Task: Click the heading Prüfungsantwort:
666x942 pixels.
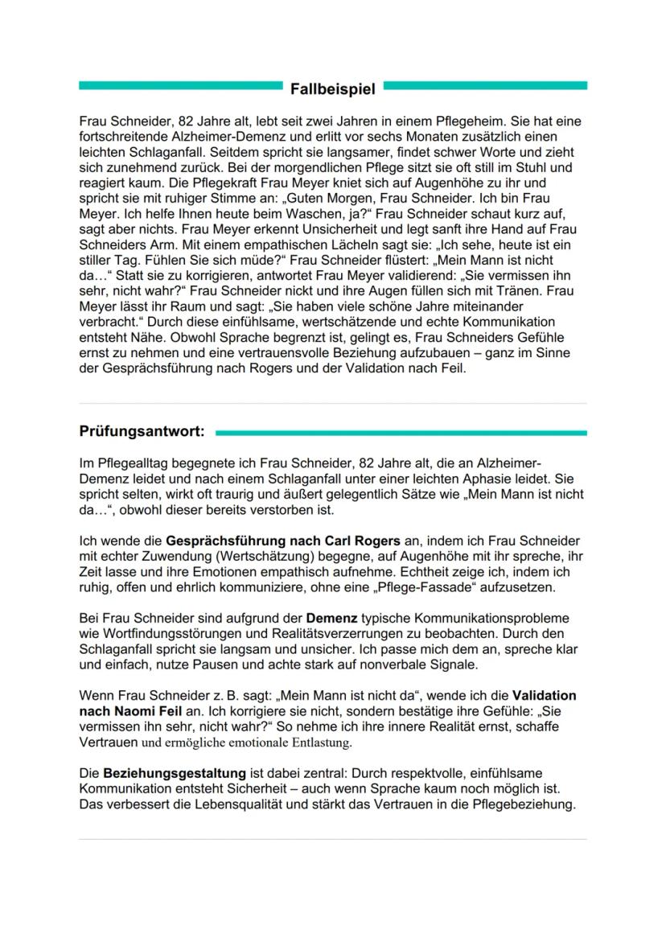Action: point(142,432)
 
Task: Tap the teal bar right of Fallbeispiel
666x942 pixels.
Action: point(486,85)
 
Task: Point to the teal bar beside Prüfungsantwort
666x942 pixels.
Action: point(401,433)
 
